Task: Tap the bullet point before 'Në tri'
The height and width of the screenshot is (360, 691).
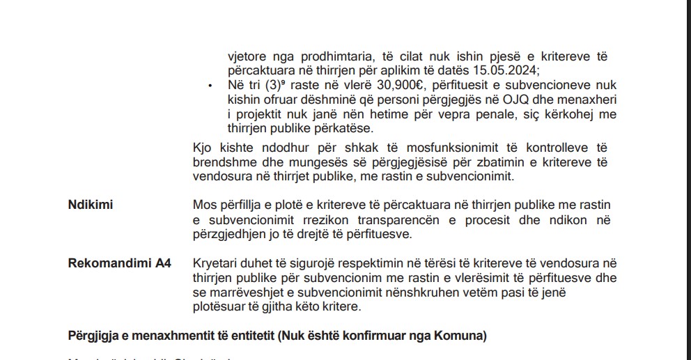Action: pos(210,85)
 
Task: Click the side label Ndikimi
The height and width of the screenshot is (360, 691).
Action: pos(91,205)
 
